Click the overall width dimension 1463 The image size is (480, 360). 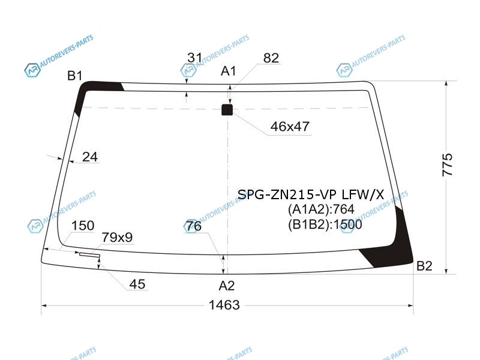point(224,305)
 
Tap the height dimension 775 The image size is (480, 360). point(447,164)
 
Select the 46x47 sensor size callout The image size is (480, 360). point(290,127)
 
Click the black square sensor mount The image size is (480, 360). point(227,110)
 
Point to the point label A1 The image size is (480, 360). point(229,71)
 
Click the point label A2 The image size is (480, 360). point(227,286)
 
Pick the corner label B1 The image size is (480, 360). point(74,76)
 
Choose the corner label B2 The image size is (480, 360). point(424,266)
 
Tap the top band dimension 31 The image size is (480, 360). point(195,58)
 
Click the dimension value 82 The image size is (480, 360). point(271,58)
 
